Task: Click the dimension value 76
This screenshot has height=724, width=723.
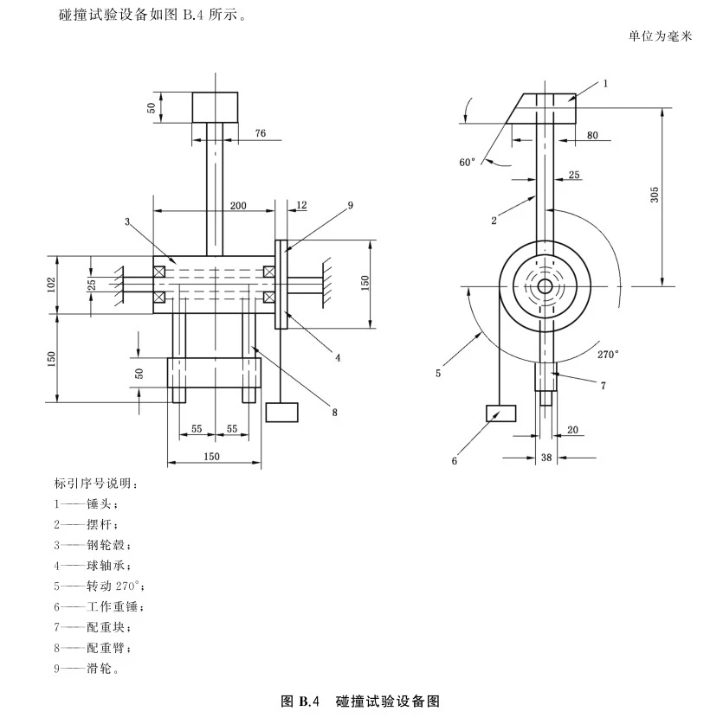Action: tap(261, 132)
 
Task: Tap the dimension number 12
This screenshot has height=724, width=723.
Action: tap(301, 205)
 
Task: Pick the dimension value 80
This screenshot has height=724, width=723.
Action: tap(592, 134)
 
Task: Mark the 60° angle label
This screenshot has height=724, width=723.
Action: tap(468, 162)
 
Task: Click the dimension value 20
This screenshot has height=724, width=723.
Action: tap(572, 429)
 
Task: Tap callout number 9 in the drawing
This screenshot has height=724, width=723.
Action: tap(351, 205)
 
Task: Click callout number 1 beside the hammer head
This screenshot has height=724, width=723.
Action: tap(605, 83)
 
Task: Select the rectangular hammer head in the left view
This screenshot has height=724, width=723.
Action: tap(215, 107)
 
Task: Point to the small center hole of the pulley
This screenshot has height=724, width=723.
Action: tap(544, 286)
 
